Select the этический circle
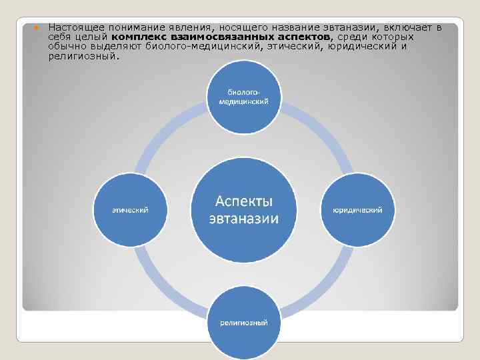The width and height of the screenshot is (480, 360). point(129,209)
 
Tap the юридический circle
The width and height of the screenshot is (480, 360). point(357,209)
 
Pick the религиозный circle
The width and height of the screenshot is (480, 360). point(244,323)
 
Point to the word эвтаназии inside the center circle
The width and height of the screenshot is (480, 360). point(244,219)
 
